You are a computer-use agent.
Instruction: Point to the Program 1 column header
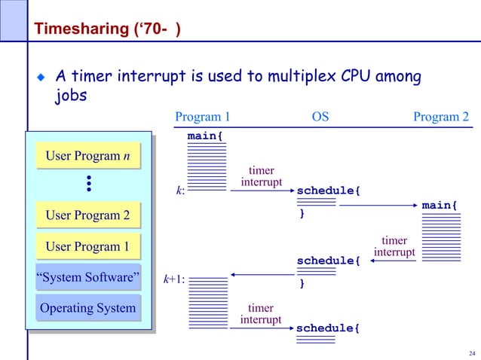(202, 117)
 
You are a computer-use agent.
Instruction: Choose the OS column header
(320, 117)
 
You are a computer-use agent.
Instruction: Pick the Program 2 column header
(441, 117)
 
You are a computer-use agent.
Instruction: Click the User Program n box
(87, 156)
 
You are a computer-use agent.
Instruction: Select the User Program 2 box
(87, 216)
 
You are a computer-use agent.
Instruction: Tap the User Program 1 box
(87, 247)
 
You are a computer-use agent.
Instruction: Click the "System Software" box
(87, 278)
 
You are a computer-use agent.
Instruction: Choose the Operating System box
(87, 308)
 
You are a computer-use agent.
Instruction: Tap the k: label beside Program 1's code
(180, 191)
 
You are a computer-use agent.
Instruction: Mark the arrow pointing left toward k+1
(262, 275)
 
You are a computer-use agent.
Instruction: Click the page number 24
(472, 354)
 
